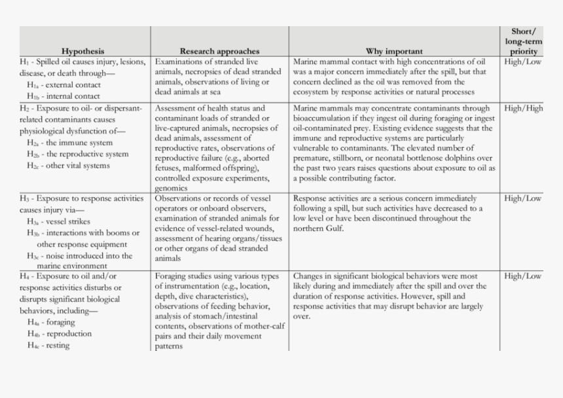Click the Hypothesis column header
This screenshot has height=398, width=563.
click(82, 51)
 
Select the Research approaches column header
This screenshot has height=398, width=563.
click(219, 51)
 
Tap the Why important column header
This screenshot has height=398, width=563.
click(394, 51)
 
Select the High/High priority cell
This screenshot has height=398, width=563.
click(523, 109)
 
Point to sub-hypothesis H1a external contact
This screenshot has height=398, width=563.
click(64, 85)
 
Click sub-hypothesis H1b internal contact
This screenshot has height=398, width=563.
click(64, 96)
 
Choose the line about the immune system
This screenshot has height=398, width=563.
click(69, 143)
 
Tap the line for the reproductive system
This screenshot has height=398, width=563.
click(78, 154)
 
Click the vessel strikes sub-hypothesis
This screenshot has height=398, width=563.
click(59, 222)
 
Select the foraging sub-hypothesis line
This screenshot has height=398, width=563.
click(52, 322)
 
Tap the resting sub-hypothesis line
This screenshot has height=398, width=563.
click(48, 345)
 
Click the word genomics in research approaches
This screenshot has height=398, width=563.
click(172, 188)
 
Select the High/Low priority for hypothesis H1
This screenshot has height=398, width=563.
click(523, 62)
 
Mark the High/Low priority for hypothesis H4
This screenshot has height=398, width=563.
click(523, 276)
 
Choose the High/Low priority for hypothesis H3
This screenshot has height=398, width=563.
click(523, 198)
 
